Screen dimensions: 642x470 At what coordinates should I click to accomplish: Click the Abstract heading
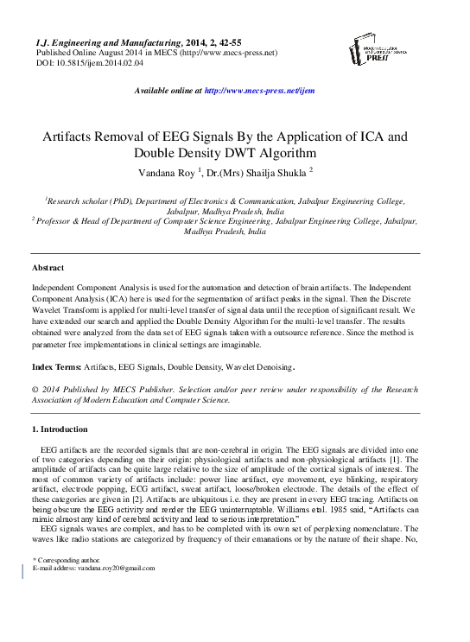click(48, 268)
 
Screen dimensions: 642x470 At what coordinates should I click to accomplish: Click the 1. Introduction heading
click(60, 429)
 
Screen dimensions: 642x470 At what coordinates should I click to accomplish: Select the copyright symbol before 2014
click(35, 390)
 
